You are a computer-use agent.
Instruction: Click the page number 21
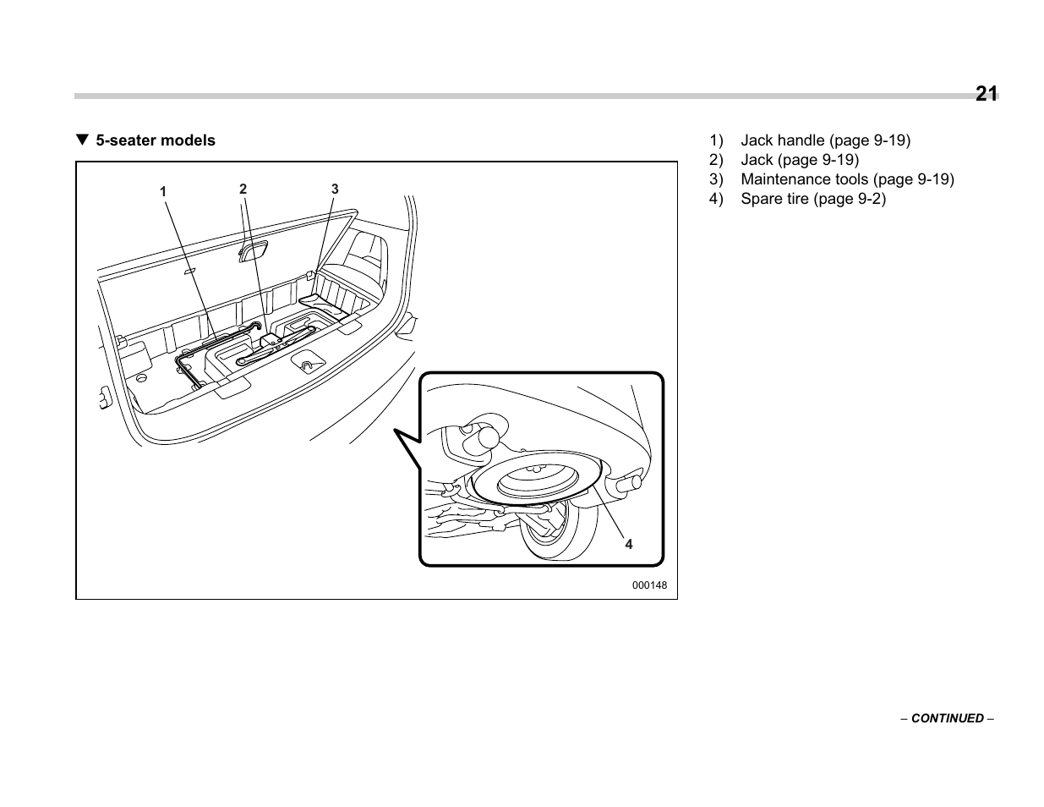click(x=986, y=94)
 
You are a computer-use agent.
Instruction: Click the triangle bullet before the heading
click(x=82, y=140)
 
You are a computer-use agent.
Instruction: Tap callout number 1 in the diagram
click(x=164, y=192)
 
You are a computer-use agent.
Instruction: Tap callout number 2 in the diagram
click(x=243, y=189)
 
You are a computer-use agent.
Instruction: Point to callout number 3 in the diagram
click(x=335, y=189)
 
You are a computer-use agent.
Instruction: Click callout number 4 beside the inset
click(x=629, y=545)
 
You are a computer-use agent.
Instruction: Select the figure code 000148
click(x=649, y=585)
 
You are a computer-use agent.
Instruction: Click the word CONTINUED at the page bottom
click(x=947, y=718)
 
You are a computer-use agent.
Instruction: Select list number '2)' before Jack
click(x=717, y=160)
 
